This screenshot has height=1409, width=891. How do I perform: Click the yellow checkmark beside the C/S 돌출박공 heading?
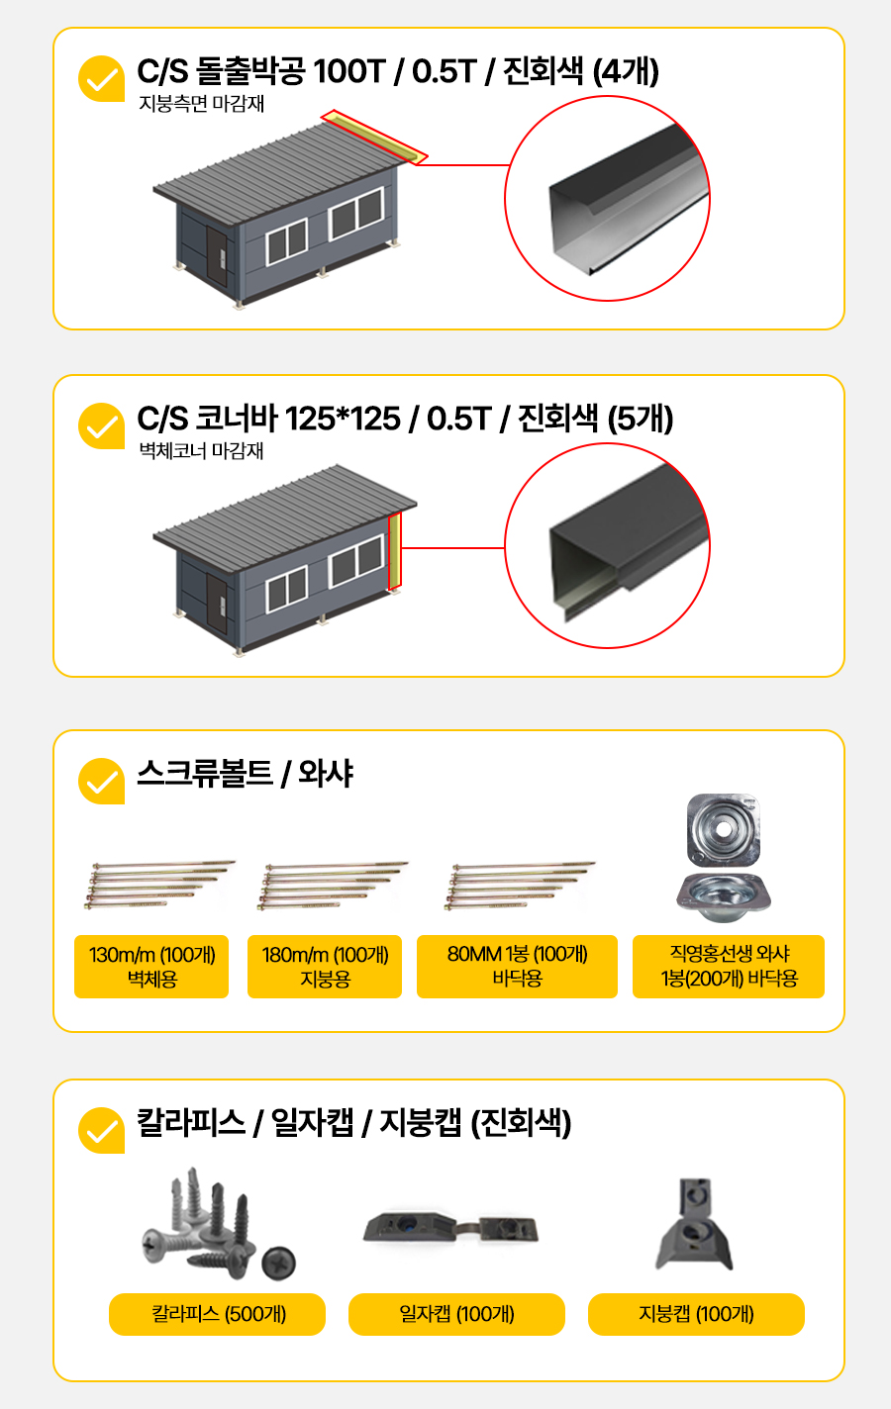point(101,78)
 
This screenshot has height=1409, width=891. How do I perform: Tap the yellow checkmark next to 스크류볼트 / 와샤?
point(101,782)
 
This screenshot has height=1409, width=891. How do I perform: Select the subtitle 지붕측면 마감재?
point(201,103)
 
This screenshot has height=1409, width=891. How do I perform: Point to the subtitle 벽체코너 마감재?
point(201,450)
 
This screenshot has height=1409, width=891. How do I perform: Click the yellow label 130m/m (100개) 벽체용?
point(151,966)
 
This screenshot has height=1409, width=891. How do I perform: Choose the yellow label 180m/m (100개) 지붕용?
point(325,966)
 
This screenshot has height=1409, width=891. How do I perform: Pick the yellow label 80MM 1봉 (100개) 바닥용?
point(517,966)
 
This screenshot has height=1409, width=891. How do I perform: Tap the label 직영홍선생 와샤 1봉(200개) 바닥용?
point(729,966)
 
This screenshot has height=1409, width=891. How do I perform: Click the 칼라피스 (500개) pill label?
point(218,1314)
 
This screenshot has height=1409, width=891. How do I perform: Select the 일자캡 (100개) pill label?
point(456,1314)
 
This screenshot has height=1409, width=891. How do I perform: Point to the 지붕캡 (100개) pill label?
point(697,1314)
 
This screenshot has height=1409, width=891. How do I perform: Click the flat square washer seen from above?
point(724,830)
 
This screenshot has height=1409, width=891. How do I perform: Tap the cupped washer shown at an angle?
point(724,897)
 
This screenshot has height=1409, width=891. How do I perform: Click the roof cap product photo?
point(695,1224)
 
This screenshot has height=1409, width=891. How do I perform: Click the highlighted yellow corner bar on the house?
point(395,552)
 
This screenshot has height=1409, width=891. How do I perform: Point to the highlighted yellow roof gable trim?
point(374,138)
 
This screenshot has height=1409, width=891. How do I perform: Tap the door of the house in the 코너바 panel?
point(217,604)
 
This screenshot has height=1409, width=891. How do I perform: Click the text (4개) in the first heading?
point(626,70)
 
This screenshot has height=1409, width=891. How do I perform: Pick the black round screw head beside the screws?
point(278,1263)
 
